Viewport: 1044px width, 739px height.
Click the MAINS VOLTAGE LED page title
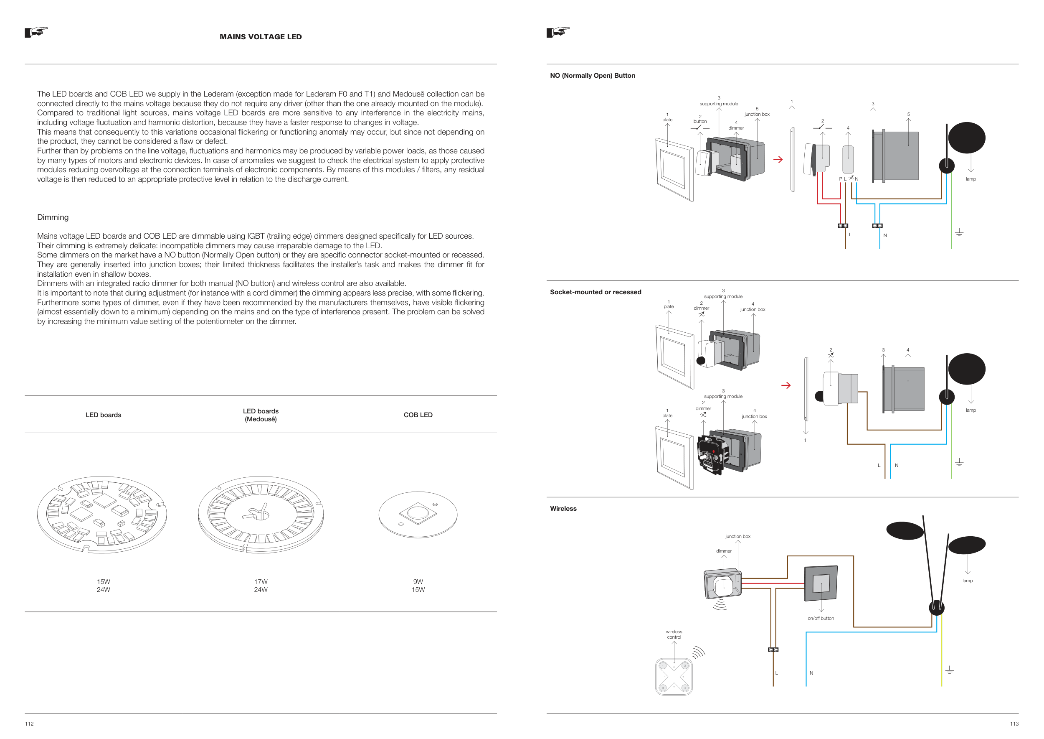[261, 37]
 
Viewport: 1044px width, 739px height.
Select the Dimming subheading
[53, 217]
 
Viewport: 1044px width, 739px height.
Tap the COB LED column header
[418, 415]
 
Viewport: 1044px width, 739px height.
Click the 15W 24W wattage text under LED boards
[103, 586]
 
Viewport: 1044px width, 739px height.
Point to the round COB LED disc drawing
[418, 514]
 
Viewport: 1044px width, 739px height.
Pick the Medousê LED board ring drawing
[261, 514]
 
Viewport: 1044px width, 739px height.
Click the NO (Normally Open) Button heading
[593, 76]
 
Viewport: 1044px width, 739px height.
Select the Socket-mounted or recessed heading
[595, 292]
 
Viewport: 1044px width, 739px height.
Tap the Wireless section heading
[563, 509]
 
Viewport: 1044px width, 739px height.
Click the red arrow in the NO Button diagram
[778, 160]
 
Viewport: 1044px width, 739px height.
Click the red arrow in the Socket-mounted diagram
[786, 385]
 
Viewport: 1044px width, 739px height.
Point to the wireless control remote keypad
[674, 677]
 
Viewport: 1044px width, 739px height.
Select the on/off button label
[821, 619]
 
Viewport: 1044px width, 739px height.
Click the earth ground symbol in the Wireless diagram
[950, 670]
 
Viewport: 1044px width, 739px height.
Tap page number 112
[29, 724]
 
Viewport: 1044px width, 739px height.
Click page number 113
[1014, 724]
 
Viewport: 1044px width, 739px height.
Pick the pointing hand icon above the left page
[36, 32]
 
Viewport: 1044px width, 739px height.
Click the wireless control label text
[674, 635]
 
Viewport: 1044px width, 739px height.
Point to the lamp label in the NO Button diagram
[971, 179]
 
